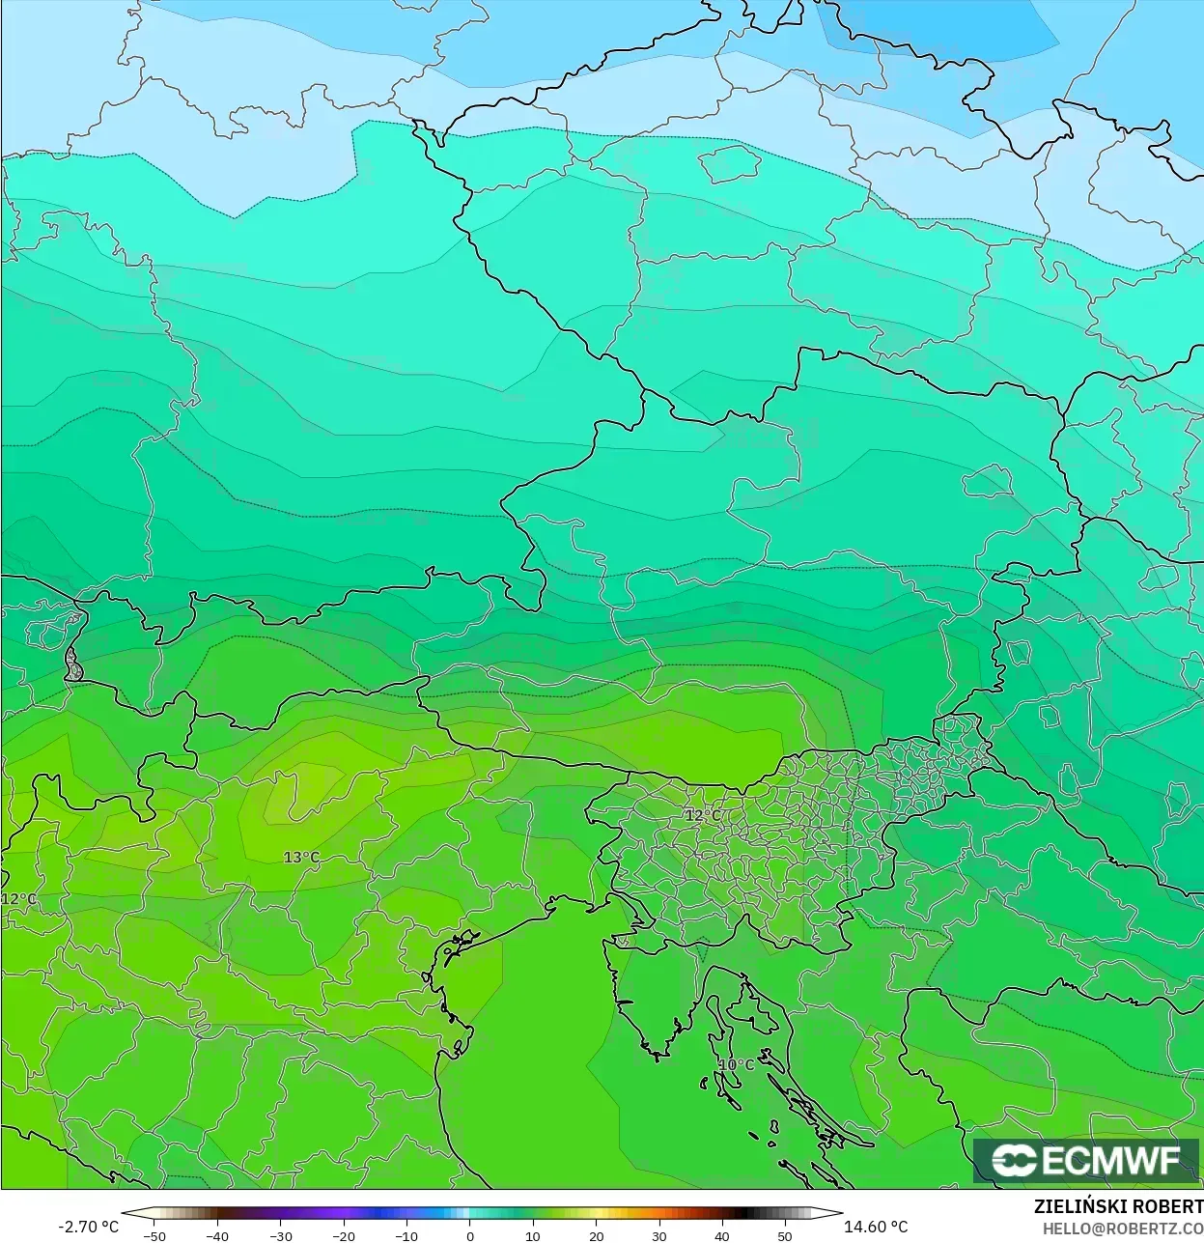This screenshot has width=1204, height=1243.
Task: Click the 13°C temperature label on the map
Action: [301, 858]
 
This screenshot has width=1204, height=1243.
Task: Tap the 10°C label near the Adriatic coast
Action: [736, 1064]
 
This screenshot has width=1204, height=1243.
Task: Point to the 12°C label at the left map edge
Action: [19, 899]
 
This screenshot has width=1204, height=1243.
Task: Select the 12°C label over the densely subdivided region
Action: [703, 815]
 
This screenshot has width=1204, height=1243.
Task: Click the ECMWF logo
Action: [1085, 1161]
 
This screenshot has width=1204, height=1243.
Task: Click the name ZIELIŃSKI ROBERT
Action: [1118, 1207]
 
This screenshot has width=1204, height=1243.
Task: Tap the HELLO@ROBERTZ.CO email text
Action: [1122, 1228]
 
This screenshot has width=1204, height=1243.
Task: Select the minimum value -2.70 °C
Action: [89, 1227]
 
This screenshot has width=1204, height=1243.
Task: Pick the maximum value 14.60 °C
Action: [876, 1227]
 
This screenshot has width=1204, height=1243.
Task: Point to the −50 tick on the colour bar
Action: [154, 1235]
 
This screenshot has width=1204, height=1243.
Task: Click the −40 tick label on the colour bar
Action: [217, 1235]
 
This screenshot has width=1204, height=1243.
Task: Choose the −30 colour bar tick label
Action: [280, 1235]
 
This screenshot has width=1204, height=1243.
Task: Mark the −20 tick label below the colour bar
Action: [344, 1235]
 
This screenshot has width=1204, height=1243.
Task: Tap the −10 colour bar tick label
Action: [406, 1235]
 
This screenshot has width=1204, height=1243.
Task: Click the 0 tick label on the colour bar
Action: [470, 1235]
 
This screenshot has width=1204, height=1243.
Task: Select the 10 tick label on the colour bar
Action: [532, 1235]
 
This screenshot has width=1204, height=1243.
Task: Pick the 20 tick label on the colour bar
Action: [596, 1235]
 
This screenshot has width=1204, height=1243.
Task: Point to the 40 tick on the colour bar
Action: [722, 1235]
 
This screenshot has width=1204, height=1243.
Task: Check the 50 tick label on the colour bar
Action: [785, 1235]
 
